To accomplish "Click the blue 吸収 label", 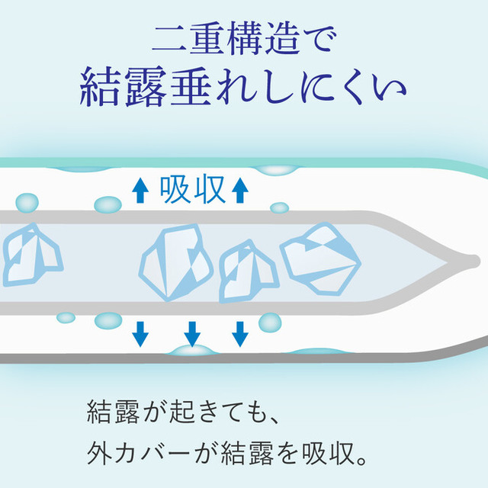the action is (x=192, y=189).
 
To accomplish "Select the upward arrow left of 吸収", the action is (x=140, y=191).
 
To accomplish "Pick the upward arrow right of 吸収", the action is (x=240, y=191).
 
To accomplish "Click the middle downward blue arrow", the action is (x=192, y=334).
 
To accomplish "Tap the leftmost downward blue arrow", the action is (x=140, y=334).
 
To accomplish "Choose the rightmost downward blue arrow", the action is (x=240, y=334).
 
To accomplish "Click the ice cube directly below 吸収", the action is (x=176, y=262).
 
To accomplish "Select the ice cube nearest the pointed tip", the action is (x=320, y=259).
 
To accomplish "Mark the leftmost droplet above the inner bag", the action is (x=27, y=203).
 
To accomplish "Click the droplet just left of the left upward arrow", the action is (x=108, y=205).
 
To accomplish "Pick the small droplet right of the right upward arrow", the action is (x=280, y=207).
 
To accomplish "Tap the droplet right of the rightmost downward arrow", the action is (x=270, y=323).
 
